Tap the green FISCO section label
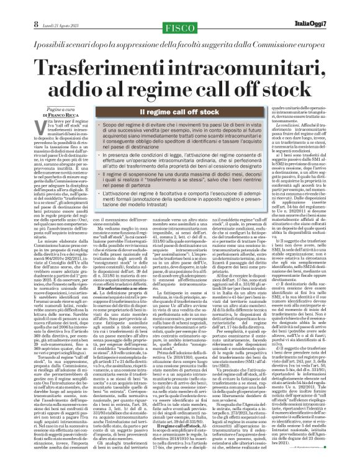coord(181,9)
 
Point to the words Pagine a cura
coord(37,109)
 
